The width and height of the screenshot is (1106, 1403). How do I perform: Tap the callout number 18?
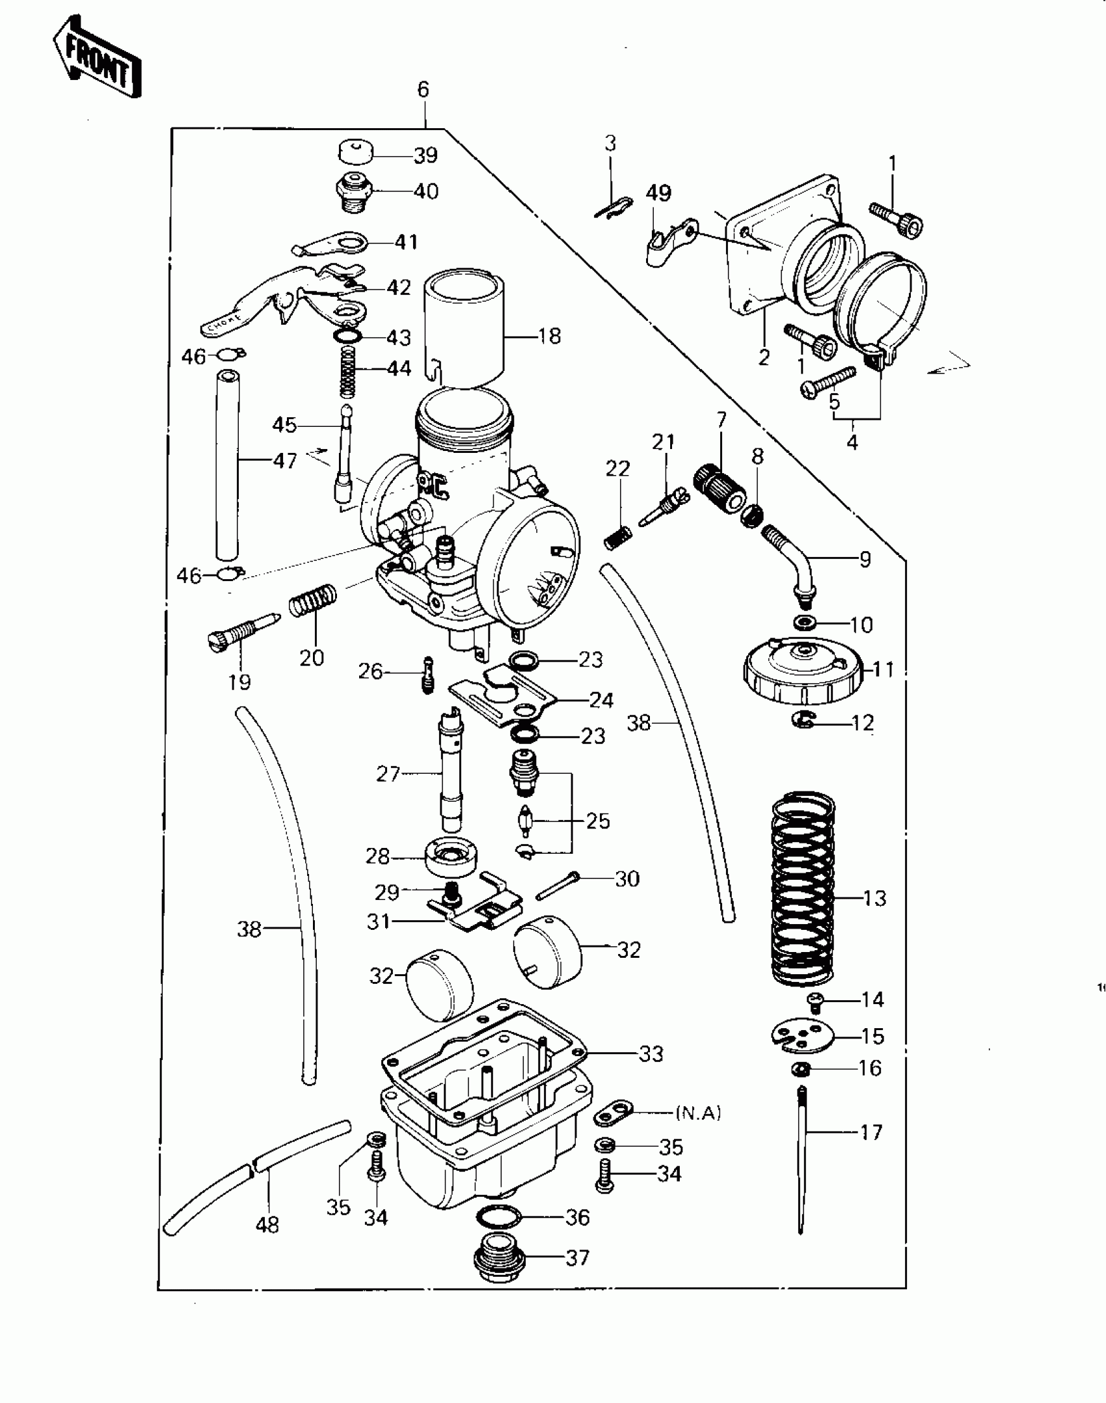[549, 336]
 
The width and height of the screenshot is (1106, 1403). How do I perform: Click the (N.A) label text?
[698, 1113]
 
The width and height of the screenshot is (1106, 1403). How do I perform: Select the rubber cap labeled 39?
[357, 154]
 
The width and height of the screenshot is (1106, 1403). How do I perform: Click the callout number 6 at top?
[424, 89]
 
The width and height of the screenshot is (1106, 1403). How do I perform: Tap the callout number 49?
[658, 193]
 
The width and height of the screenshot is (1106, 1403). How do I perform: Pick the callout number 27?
[388, 774]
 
